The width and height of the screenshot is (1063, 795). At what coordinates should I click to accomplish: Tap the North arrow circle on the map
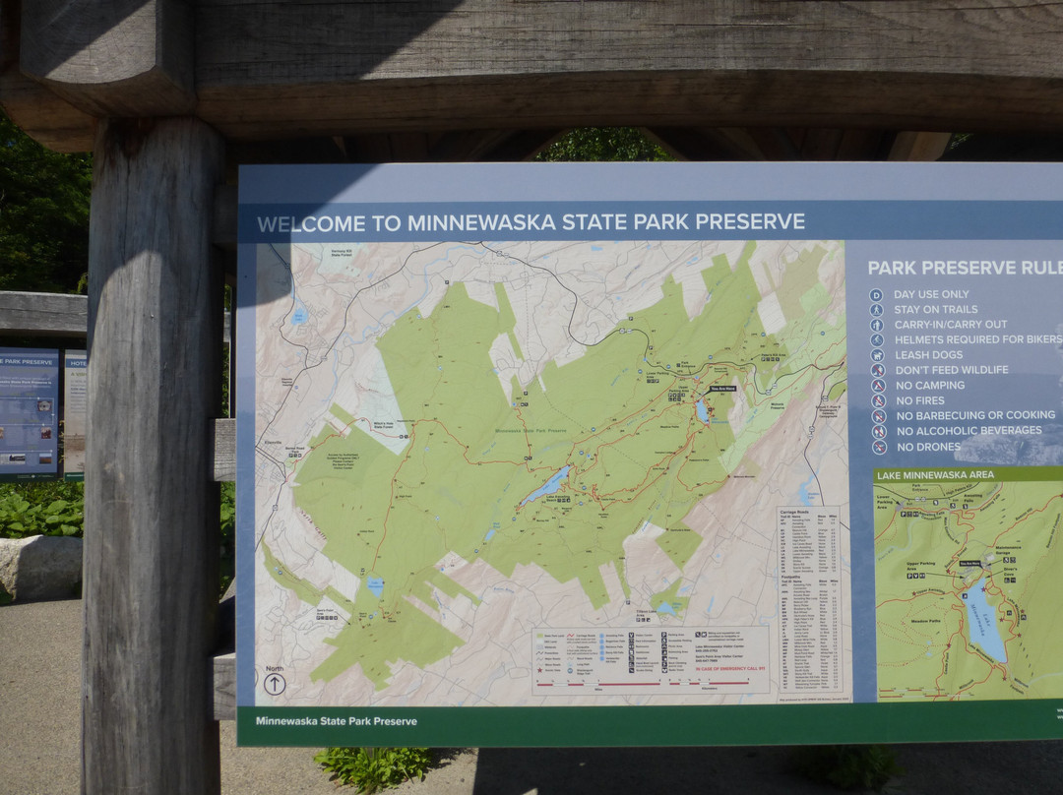275,684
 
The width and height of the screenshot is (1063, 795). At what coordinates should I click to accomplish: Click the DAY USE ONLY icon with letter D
876,294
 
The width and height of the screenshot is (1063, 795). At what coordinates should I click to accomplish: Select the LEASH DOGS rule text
928,354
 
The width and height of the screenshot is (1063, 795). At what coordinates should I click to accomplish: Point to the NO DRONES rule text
928,446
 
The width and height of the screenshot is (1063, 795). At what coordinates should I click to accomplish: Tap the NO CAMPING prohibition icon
877,386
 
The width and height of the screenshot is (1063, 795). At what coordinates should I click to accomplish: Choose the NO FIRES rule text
919,400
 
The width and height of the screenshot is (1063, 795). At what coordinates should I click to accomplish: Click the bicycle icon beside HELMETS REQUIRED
877,339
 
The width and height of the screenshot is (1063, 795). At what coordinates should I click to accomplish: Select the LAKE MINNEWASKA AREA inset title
934,474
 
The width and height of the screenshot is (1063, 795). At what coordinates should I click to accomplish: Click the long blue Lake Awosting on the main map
545,484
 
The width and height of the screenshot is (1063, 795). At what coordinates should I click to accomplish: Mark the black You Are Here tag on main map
723,390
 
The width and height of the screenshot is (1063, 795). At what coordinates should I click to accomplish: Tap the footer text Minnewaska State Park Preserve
336,721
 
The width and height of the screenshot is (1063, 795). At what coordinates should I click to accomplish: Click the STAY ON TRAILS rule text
935,309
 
